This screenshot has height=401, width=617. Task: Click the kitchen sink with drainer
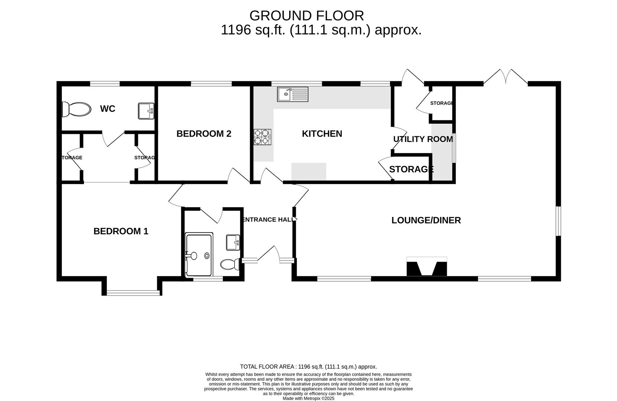click(x=293, y=94)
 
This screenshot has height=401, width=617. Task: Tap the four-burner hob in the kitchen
click(x=262, y=137)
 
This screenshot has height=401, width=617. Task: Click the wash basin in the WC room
click(x=146, y=111)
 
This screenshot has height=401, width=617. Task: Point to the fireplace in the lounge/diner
click(x=427, y=267)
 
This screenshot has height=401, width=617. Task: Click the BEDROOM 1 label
click(x=121, y=231)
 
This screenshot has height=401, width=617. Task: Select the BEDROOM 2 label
click(x=204, y=134)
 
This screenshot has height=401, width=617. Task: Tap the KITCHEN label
click(x=322, y=134)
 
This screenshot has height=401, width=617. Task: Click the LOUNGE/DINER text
click(x=426, y=220)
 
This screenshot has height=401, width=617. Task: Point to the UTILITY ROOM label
click(x=423, y=139)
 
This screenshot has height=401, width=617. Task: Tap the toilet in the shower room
click(x=230, y=264)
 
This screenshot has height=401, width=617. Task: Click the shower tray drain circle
click(x=207, y=255)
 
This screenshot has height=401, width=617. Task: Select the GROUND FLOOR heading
click(x=306, y=16)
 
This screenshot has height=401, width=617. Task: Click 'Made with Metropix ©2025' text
click(x=308, y=398)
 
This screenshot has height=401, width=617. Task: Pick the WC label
click(x=107, y=109)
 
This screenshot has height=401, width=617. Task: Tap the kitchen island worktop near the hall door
click(x=308, y=172)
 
